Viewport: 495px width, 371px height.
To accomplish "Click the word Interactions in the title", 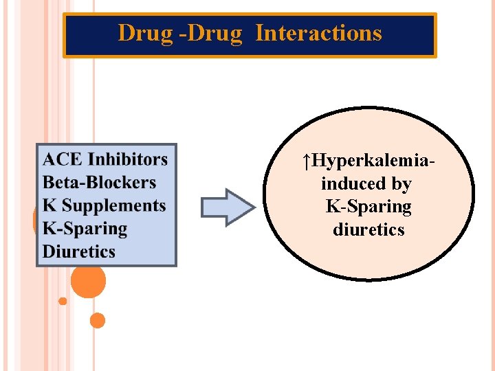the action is [318, 33].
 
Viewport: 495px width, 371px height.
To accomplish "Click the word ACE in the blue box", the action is [63, 159].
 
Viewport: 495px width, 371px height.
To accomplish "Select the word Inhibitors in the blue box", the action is [127, 159].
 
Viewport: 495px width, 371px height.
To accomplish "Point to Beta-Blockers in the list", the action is [99, 183].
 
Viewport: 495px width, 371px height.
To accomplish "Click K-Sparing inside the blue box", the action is [85, 229].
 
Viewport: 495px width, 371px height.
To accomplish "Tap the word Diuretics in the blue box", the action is [78, 251].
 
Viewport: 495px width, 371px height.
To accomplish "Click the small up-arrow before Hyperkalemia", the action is [306, 161].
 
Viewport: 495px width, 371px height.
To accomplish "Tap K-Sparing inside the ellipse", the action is [368, 206].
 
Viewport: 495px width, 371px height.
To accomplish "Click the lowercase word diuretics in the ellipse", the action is [368, 229].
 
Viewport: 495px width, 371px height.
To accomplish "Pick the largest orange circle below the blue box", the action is [89, 281].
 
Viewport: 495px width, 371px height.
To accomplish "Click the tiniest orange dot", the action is [63, 301].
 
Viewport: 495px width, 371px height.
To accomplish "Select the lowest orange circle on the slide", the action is [97, 320].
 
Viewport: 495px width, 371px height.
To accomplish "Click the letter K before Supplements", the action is [49, 205].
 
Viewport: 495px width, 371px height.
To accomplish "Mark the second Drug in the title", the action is [214, 33].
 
